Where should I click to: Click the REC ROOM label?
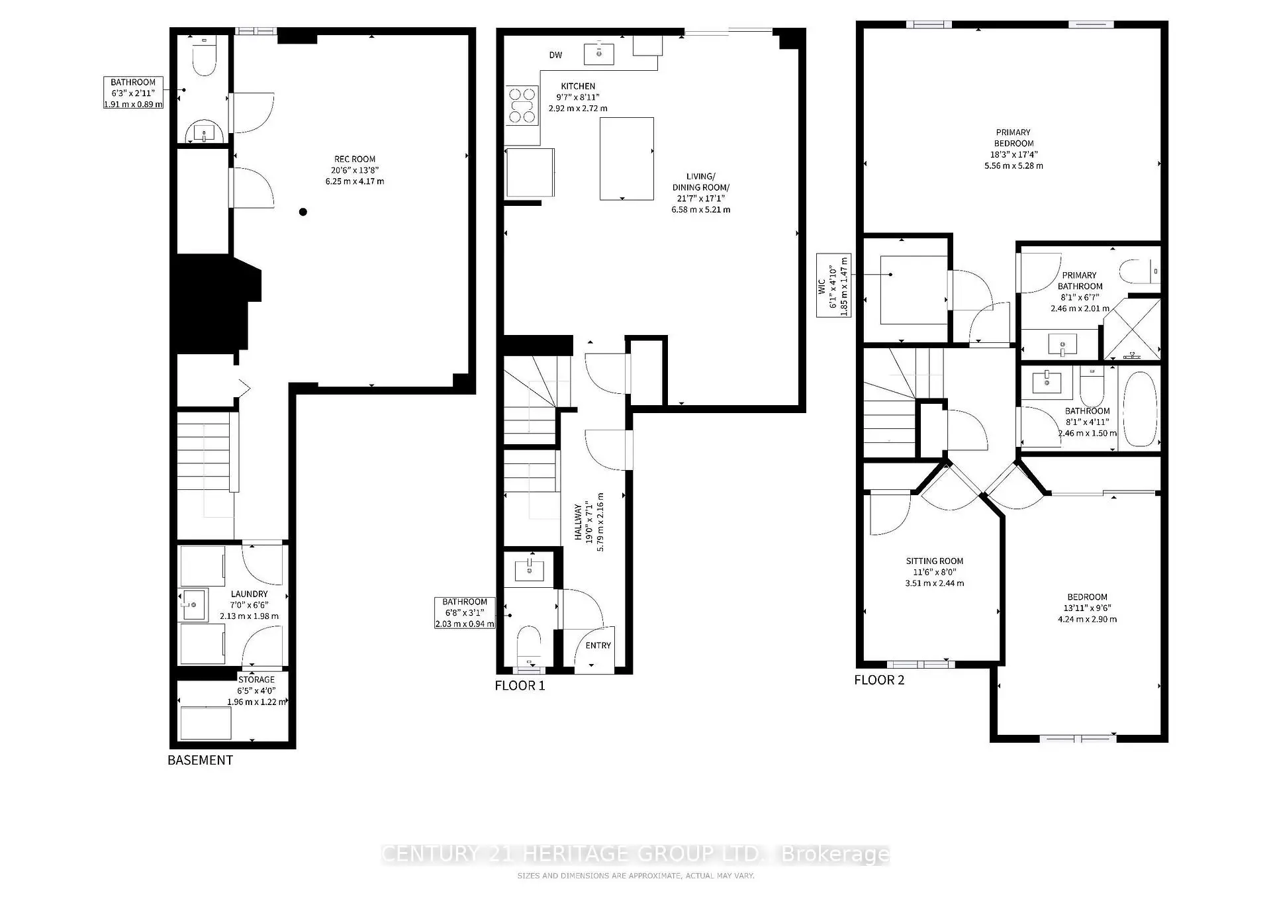(355, 160)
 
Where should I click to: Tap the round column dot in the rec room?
(303, 212)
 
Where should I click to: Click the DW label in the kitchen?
(555, 55)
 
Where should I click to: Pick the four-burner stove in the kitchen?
(522, 106)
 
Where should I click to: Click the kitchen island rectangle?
(626, 158)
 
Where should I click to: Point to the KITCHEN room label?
(578, 86)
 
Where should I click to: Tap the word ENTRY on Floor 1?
(598, 645)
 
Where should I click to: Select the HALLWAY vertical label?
(578, 523)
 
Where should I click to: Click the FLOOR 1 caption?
(520, 686)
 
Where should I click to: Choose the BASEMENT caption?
(200, 761)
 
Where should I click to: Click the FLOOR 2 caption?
(879, 681)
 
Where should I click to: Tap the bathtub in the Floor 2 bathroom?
(1139, 408)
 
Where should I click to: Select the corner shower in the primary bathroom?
(1132, 329)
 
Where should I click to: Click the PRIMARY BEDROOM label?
(1013, 138)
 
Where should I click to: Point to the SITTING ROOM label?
(934, 561)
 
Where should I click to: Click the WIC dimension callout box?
(833, 285)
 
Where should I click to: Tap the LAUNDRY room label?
(250, 594)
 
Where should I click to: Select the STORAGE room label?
(256, 680)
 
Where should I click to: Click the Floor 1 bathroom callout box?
(465, 613)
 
